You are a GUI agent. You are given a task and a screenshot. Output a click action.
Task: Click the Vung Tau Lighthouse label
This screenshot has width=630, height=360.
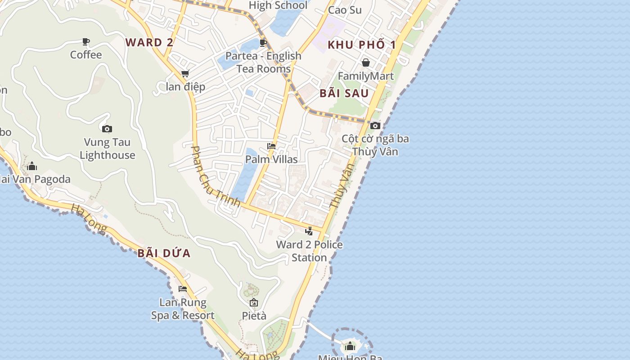pos(107,149)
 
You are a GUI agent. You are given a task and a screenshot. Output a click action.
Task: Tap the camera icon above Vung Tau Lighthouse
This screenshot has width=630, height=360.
pos(107,129)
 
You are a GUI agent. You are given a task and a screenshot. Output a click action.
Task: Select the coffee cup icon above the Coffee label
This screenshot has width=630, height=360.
pos(86,42)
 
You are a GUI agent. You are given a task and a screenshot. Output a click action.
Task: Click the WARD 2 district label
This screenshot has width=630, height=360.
pos(149,43)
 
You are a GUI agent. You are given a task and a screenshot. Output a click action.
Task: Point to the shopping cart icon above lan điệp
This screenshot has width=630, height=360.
pos(185,73)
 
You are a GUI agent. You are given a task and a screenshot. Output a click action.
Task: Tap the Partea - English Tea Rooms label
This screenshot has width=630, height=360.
pos(263,63)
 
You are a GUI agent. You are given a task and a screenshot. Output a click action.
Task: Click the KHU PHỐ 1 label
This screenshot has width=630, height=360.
pos(362,45)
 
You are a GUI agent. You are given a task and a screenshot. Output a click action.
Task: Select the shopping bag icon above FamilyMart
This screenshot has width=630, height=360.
pos(366,63)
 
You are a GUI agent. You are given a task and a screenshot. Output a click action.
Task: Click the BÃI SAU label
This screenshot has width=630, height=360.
pos(344,94)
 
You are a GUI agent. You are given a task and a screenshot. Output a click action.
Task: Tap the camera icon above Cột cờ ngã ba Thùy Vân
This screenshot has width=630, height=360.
pos(375,126)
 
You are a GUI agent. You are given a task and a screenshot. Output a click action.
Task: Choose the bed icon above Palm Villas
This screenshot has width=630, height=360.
pos(271,146)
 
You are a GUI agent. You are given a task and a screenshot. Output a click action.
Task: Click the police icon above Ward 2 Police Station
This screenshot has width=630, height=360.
pos(309,231)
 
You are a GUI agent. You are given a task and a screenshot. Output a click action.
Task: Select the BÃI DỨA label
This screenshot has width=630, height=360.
pos(164,253)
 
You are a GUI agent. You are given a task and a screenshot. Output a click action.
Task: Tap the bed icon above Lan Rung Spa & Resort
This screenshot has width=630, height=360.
pos(183,289)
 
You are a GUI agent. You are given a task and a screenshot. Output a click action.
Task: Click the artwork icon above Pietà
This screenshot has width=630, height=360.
pos(254,302)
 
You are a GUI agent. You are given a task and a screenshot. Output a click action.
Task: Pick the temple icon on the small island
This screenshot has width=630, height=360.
pos(350,346)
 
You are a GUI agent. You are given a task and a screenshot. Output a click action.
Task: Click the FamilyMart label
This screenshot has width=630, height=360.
pos(366,76)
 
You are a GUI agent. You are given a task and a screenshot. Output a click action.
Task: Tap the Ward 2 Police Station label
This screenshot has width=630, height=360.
pos(309,251)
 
